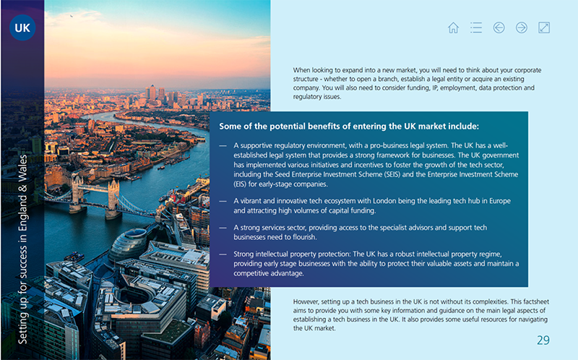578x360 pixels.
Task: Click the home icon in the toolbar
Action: [453, 27]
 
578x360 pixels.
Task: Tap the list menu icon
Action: [475, 27]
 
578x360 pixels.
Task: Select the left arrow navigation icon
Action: [499, 27]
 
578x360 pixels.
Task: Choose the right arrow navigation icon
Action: [522, 27]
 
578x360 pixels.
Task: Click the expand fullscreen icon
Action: [545, 27]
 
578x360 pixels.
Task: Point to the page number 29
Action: [543, 340]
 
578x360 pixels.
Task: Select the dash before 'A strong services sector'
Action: [223, 228]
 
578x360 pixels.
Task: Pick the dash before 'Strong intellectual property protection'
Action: [223, 254]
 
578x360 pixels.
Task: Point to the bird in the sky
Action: [72, 14]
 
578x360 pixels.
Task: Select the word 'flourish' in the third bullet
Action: [318, 236]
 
